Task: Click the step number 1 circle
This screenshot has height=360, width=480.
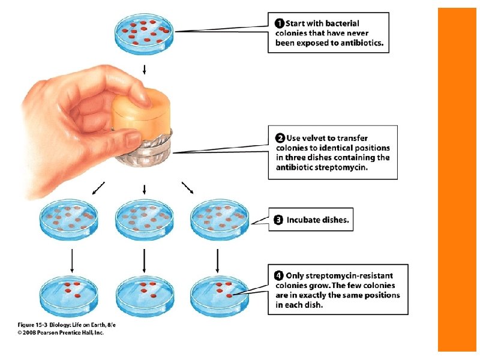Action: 279,23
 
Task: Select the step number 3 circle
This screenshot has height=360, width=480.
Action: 278,220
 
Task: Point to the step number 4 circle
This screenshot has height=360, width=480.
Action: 279,275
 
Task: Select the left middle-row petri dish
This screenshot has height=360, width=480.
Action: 68,218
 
